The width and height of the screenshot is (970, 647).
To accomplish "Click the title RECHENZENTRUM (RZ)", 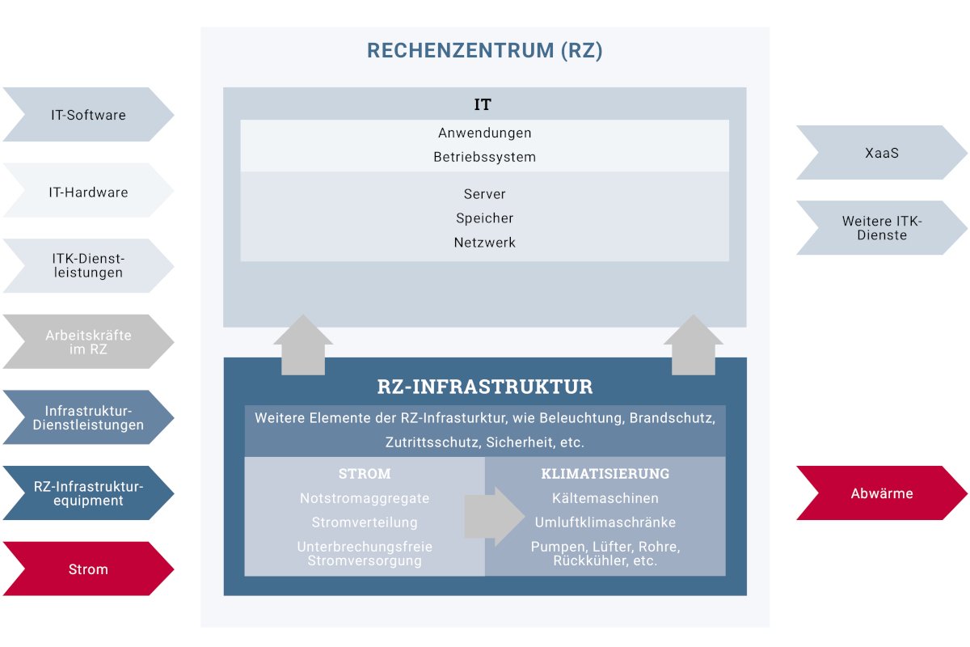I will (485, 51).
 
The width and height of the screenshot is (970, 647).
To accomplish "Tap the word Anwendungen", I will (485, 133).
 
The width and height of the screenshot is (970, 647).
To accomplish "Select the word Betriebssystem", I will (485, 157).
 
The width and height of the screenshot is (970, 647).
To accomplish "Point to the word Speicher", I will (485, 218).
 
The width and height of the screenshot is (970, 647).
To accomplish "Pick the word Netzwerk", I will (485, 243).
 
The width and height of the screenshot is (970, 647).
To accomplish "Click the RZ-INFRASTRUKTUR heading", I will (485, 387).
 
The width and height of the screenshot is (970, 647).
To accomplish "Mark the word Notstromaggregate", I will (365, 498).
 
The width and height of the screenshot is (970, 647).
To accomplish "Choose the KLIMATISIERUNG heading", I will (605, 474).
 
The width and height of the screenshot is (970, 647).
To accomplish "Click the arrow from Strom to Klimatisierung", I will (494, 516).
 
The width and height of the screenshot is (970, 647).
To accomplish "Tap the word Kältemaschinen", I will (605, 498).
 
